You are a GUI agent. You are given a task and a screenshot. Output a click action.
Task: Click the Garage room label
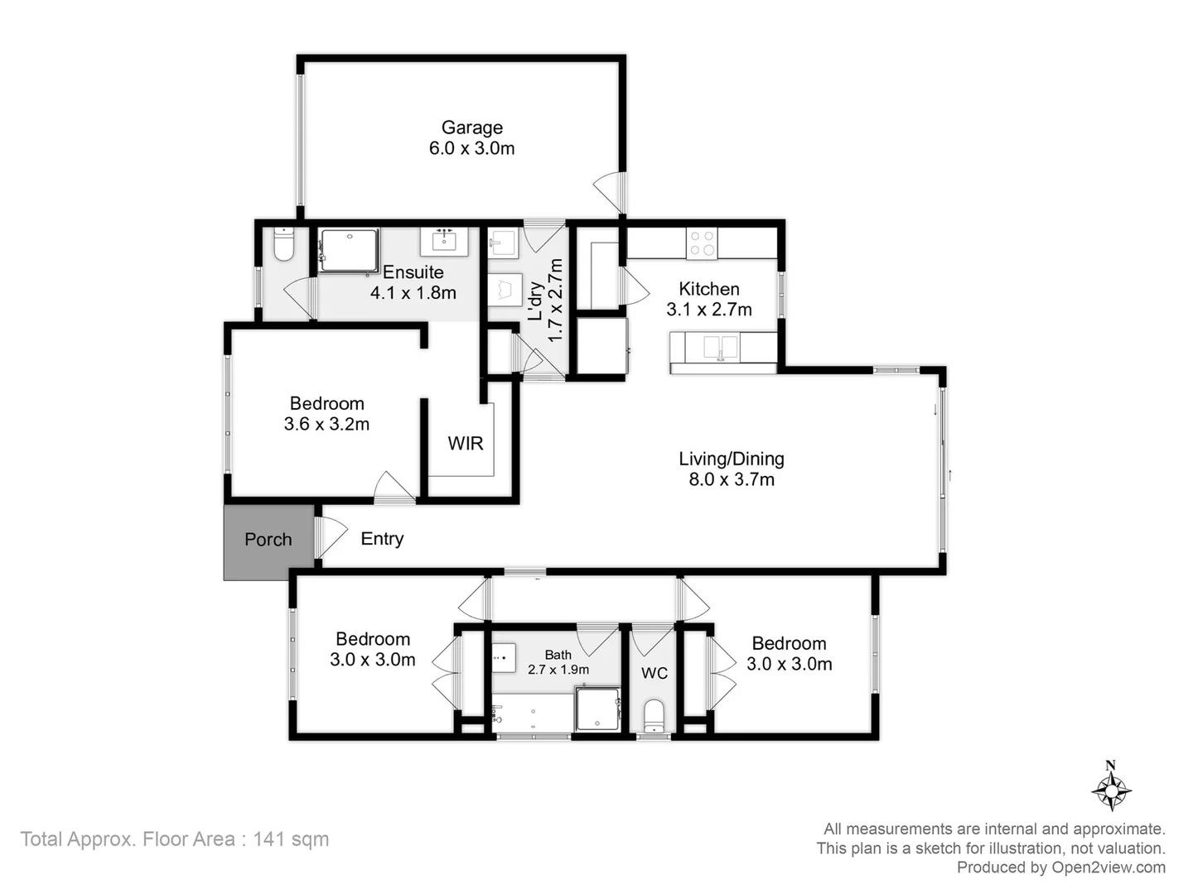pyautogui.click(x=471, y=127)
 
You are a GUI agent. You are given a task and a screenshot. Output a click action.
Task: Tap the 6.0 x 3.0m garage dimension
pyautogui.click(x=471, y=149)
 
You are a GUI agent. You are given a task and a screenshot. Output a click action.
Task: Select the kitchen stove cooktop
pyautogui.click(x=703, y=244)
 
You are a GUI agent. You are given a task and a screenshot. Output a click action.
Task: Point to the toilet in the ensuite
pyautogui.click(x=283, y=245)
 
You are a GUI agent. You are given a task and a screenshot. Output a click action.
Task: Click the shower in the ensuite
pyautogui.click(x=349, y=250)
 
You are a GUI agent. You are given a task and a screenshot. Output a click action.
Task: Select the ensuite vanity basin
pyautogui.click(x=444, y=242)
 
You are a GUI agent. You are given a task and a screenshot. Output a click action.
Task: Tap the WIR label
pyautogui.click(x=465, y=444)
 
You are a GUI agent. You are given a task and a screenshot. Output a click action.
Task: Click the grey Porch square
pyautogui.click(x=268, y=539)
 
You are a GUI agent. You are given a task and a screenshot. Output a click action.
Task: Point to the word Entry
pyautogui.click(x=382, y=539)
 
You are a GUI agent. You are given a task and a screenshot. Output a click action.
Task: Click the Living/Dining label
pyautogui.click(x=731, y=459)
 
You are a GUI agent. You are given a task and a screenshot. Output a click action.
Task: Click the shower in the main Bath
pyautogui.click(x=597, y=709)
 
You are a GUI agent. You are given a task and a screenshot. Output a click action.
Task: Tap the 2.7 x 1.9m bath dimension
pyautogui.click(x=558, y=670)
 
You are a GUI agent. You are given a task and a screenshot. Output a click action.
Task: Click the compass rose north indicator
pyautogui.click(x=1111, y=786)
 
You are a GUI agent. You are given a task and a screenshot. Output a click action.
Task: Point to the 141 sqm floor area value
pyautogui.click(x=291, y=839)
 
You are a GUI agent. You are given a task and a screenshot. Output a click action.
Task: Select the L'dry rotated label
pyautogui.click(x=536, y=301)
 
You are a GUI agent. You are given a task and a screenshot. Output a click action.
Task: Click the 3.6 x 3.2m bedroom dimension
pyautogui.click(x=326, y=425)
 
